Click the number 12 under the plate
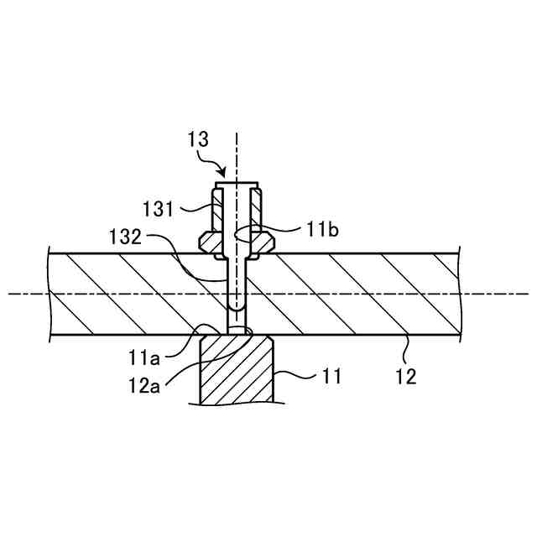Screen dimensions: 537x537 [x=405, y=377]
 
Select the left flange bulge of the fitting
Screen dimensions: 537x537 [x=208, y=242]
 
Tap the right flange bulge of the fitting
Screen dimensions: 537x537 [x=265, y=242]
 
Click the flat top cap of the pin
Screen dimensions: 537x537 [x=237, y=185]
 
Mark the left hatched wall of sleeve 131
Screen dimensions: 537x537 [x=218, y=214]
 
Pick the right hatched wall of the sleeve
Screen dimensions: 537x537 [x=256, y=214]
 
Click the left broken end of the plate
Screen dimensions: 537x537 [x=51, y=294]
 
